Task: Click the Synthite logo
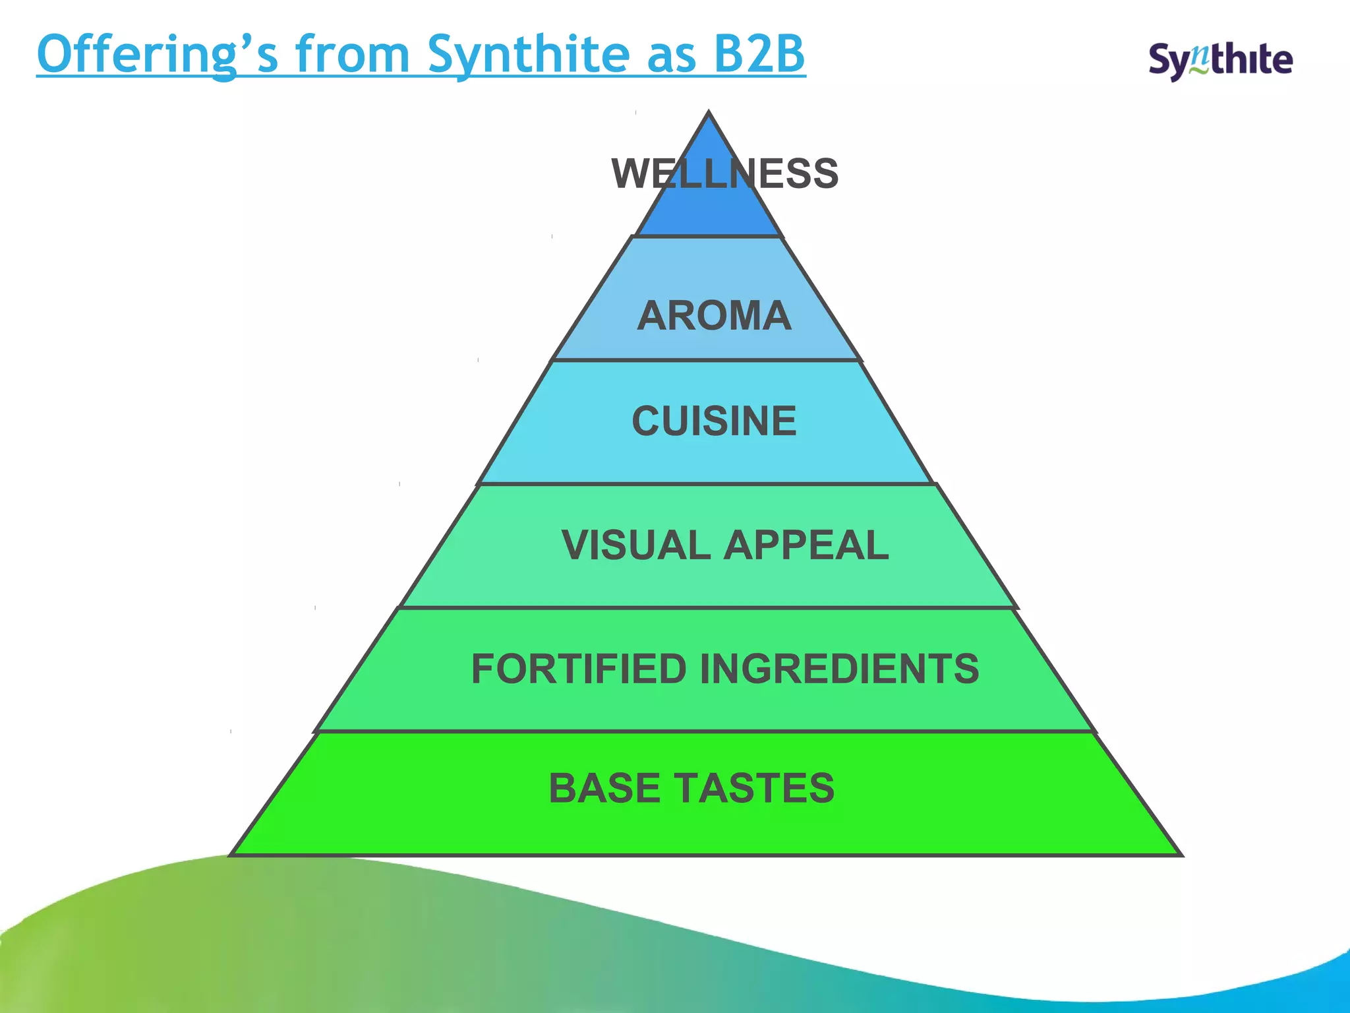point(1220,61)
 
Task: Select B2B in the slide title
point(759,54)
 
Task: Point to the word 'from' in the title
point(353,54)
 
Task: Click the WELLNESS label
point(724,174)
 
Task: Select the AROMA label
point(714,315)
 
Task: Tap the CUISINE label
point(714,421)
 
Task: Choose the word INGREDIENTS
point(839,669)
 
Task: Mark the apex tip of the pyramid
point(709,113)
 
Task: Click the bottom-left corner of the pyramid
point(231,855)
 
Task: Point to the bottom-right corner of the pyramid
point(1181,855)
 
